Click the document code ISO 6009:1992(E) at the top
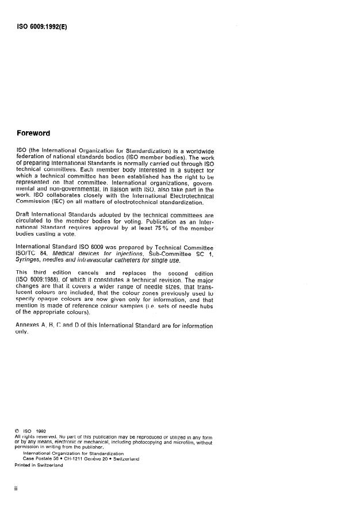point(42,25)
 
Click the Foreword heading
point(33,133)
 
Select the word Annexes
point(29,326)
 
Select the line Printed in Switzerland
point(39,465)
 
